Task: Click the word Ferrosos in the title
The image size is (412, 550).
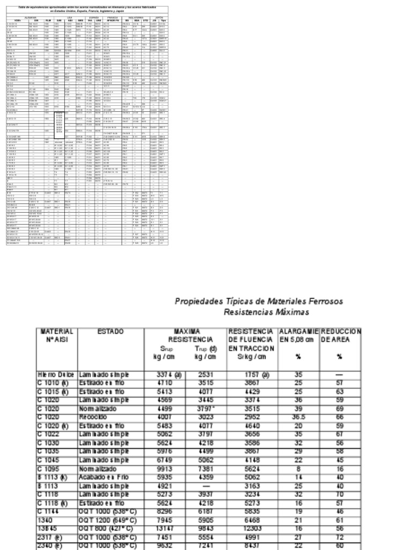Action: click(322, 301)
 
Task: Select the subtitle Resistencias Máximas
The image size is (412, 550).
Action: click(266, 312)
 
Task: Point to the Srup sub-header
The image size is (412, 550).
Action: click(167, 348)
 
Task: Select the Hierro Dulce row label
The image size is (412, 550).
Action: click(55, 374)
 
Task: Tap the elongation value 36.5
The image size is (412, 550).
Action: click(298, 417)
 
